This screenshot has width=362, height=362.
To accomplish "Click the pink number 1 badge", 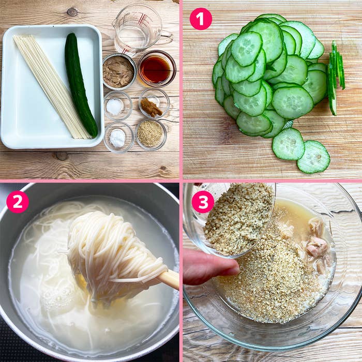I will click(201, 19).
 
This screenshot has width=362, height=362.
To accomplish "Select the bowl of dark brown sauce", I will click(156, 69).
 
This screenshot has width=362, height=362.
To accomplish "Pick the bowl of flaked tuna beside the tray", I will click(118, 72).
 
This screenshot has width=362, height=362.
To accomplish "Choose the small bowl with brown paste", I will click(153, 104).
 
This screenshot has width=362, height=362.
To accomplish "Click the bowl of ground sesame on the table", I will click(150, 134).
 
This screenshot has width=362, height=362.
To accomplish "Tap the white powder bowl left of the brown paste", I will click(115, 106).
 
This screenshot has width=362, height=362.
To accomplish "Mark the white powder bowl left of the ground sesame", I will click(118, 138).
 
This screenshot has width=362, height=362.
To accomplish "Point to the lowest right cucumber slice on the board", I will click(313, 157).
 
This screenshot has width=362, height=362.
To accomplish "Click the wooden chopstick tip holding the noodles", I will click(169, 280).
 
